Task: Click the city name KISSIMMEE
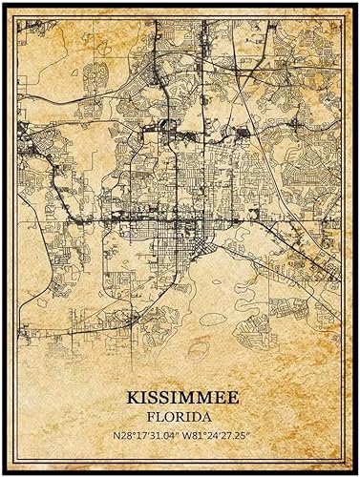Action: [x=180, y=393]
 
